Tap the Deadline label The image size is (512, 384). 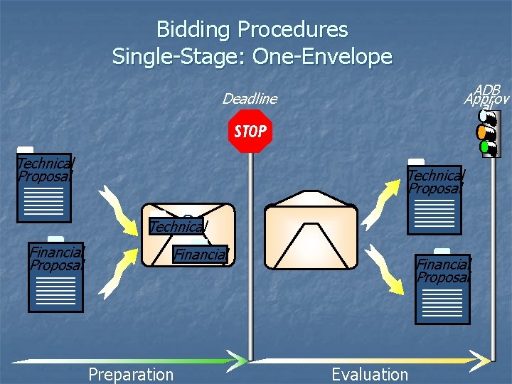250,99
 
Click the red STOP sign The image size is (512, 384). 250,132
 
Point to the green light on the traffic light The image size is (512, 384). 486,147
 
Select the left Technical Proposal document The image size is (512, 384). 44,188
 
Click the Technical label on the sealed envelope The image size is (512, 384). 177,227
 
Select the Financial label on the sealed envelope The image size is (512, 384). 201,254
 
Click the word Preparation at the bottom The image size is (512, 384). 130,374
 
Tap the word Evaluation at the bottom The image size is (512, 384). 370,374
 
